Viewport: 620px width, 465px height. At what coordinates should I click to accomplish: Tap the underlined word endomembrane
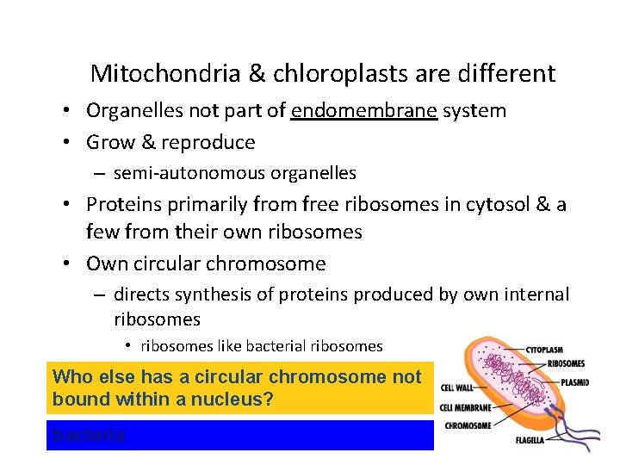click(365, 110)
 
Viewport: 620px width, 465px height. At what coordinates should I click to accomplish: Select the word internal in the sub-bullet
click(530, 294)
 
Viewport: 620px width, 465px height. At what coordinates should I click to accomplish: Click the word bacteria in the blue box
click(89, 436)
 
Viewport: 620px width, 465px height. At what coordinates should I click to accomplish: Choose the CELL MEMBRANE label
click(465, 407)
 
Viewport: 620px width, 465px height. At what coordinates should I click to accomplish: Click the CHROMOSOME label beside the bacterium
click(468, 425)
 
